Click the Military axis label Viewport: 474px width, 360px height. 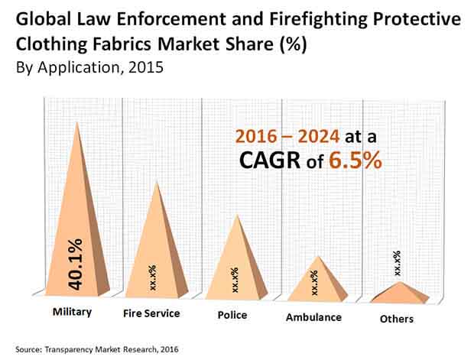pos(72,313)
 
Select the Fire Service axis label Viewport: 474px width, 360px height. pos(151,313)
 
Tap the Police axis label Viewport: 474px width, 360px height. pos(232,314)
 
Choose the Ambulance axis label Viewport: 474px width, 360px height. pos(313,316)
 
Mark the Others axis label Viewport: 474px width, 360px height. pos(396,319)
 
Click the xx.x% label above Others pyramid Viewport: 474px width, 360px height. pos(397,264)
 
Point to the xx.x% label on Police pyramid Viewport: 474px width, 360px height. pos(235,280)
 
